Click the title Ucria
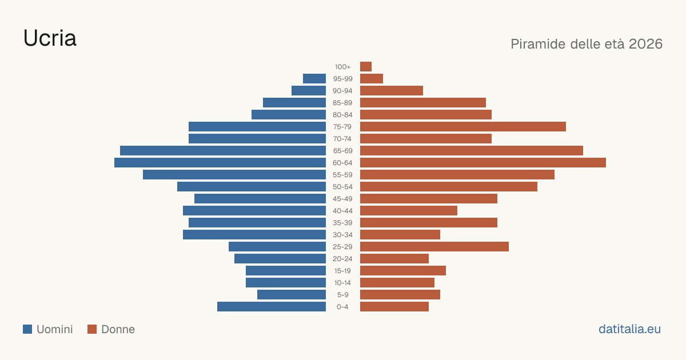point(50,38)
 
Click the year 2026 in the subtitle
point(645,44)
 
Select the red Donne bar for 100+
point(366,67)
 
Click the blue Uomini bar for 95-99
point(314,79)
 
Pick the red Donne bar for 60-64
point(483,162)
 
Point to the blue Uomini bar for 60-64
point(220,162)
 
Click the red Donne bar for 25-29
point(434,247)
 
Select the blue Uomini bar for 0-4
point(272,307)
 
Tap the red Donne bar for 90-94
point(392,91)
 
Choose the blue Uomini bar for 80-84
point(289,115)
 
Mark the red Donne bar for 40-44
point(409,211)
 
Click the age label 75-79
point(342,127)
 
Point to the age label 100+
point(342,67)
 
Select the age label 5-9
point(342,295)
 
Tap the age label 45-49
point(342,199)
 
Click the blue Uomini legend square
point(27,329)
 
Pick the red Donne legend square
point(92,329)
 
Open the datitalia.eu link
point(629,329)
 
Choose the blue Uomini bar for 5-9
point(292,295)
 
